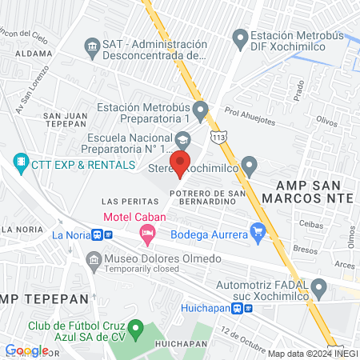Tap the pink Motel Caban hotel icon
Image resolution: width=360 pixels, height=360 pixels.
(x=146, y=234)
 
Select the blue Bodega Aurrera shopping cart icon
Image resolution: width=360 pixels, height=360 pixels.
(x=258, y=233)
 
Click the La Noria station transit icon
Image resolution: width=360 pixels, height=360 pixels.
(x=98, y=235)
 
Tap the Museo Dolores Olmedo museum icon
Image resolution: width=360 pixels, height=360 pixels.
(x=94, y=259)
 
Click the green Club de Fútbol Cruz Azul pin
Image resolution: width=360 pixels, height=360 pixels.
(x=136, y=327)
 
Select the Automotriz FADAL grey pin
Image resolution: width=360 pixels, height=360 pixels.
(x=319, y=286)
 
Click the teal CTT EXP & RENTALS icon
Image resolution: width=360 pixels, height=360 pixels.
(x=20, y=165)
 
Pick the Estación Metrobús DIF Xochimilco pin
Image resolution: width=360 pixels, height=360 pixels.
(x=238, y=37)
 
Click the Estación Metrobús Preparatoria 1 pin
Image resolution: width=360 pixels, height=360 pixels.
(x=199, y=107)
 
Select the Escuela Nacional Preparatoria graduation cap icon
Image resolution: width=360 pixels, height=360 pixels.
(x=183, y=141)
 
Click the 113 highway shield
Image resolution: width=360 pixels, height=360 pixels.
(x=219, y=138)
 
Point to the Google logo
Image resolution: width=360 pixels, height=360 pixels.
(x=26, y=350)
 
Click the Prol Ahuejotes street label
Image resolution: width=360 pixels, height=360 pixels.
(x=250, y=118)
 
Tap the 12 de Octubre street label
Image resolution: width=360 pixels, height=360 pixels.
(x=242, y=336)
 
